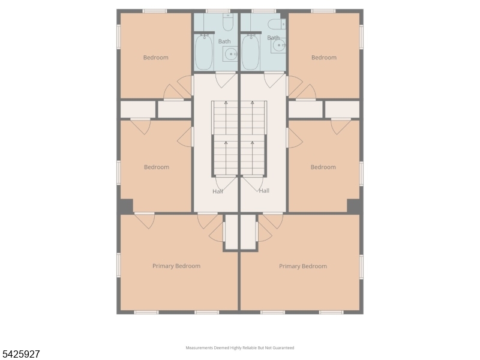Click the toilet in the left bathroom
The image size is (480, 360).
(228, 23)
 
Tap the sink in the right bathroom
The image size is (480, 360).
(278, 46)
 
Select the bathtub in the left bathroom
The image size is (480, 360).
(204, 52)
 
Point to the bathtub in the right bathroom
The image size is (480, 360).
(250, 52)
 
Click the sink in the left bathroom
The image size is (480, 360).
(230, 55)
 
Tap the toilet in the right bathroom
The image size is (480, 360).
(275, 24)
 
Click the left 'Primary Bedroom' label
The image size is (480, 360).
(176, 266)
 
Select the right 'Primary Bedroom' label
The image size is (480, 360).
(303, 266)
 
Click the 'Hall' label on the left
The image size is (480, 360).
(217, 191)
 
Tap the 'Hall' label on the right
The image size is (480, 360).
(264, 191)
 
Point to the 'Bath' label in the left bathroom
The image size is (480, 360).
(224, 41)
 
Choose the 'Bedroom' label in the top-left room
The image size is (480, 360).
(156, 58)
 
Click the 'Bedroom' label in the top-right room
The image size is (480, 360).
(323, 58)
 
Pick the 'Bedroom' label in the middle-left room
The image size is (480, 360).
(157, 167)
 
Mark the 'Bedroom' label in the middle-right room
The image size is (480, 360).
(323, 167)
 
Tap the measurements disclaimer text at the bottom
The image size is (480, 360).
(240, 347)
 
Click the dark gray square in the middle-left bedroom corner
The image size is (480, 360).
(125, 206)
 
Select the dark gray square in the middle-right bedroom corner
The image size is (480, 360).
(354, 206)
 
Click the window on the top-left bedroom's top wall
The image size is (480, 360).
(155, 11)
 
